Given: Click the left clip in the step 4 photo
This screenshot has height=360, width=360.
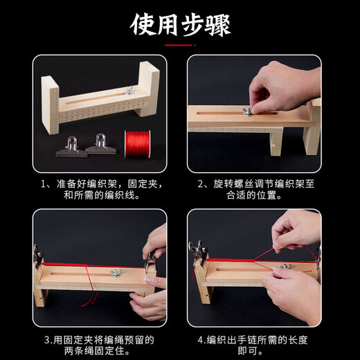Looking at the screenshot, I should click(x=199, y=251).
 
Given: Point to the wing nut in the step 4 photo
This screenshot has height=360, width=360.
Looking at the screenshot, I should click(x=282, y=267).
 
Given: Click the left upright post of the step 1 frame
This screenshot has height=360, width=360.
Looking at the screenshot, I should click(x=49, y=104).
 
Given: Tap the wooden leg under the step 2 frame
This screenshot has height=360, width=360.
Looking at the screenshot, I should click(x=276, y=143).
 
